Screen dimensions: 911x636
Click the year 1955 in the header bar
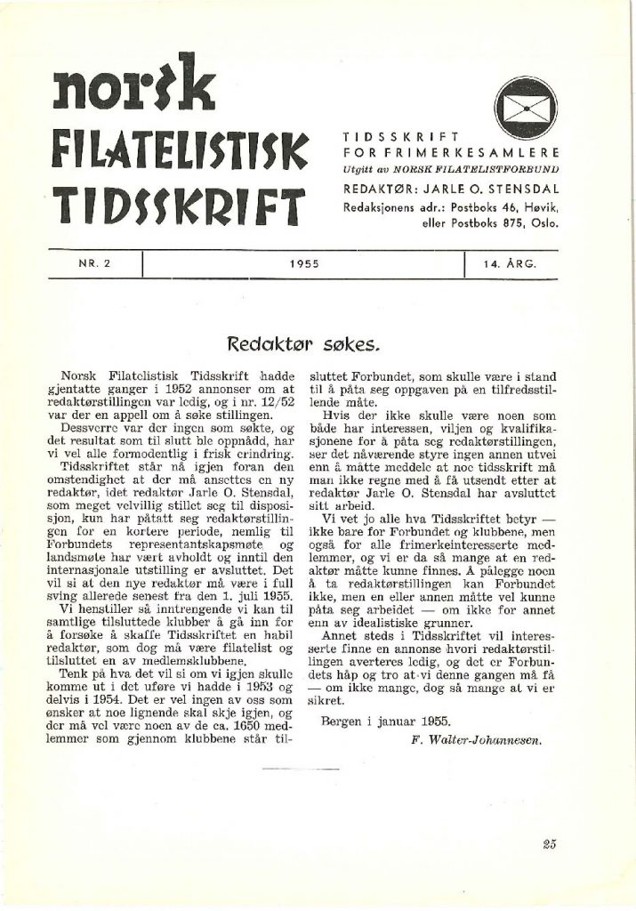coord(304,263)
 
